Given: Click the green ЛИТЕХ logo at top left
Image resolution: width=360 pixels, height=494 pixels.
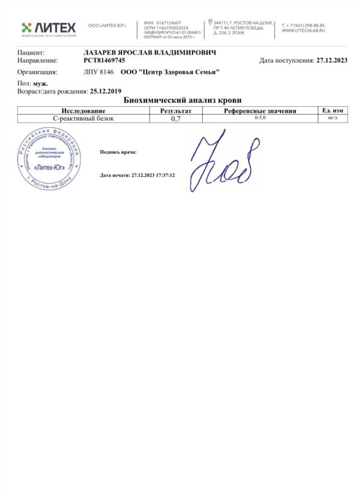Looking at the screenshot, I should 49,28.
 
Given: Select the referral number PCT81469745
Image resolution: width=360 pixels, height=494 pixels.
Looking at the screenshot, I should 104,61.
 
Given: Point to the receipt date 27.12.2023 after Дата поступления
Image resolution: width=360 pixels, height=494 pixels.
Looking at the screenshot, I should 332,61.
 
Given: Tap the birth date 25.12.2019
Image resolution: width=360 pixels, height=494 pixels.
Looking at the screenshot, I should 106,92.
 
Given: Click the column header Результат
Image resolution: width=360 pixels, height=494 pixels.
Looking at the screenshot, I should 176,111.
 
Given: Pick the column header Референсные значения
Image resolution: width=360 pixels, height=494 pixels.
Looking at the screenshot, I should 260,111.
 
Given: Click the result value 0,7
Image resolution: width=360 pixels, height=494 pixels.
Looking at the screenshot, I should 176,119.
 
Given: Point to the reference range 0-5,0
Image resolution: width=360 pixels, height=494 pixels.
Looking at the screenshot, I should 260,118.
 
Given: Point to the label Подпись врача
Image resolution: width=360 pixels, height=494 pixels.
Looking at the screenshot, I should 118,152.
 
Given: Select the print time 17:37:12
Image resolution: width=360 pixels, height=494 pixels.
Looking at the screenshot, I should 164,175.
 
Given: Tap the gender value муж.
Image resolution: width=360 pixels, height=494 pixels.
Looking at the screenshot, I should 41,84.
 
